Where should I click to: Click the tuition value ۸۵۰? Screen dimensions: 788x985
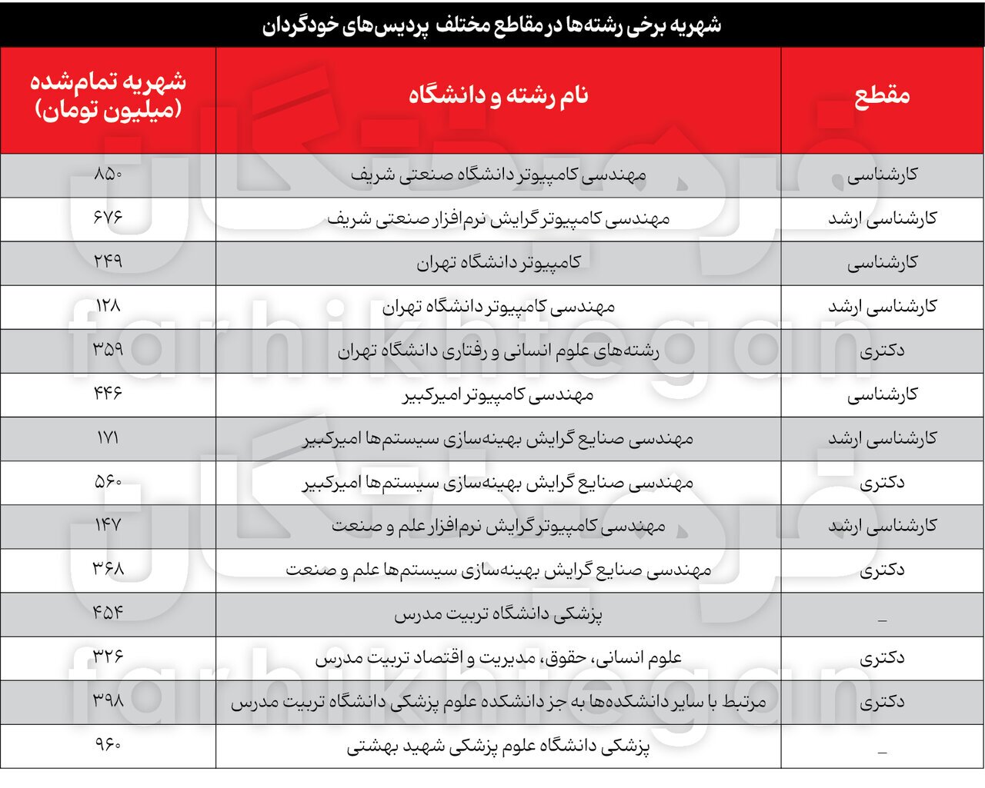tap(108, 175)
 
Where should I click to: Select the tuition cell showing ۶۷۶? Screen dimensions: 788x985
tap(108, 218)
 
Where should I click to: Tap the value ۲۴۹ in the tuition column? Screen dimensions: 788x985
tap(108, 262)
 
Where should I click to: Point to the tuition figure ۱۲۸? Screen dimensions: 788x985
tap(108, 306)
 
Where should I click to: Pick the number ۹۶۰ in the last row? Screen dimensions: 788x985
tap(108, 745)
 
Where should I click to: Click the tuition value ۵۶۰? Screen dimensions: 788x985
tap(108, 482)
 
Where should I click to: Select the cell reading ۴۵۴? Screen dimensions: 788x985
tap(108, 613)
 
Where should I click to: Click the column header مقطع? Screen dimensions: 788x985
tap(882, 95)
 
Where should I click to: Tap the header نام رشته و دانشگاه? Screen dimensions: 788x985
tap(498, 95)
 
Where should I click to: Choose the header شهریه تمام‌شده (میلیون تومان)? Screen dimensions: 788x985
tap(108, 95)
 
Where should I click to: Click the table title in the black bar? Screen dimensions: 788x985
tap(492, 25)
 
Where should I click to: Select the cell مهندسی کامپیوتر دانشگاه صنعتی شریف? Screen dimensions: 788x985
tap(498, 175)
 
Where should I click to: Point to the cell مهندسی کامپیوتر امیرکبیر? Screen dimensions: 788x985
tap(498, 394)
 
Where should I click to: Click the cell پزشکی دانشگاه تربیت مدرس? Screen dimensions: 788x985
tap(498, 614)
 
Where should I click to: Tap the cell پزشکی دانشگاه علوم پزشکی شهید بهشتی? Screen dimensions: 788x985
tap(498, 746)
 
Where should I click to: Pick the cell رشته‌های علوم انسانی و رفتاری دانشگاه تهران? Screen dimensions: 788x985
tap(498, 351)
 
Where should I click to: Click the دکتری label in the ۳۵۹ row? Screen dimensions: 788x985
tap(882, 351)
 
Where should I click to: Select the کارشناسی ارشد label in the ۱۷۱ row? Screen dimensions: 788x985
tap(882, 438)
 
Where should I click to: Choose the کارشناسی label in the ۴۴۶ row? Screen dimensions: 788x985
tap(882, 394)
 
